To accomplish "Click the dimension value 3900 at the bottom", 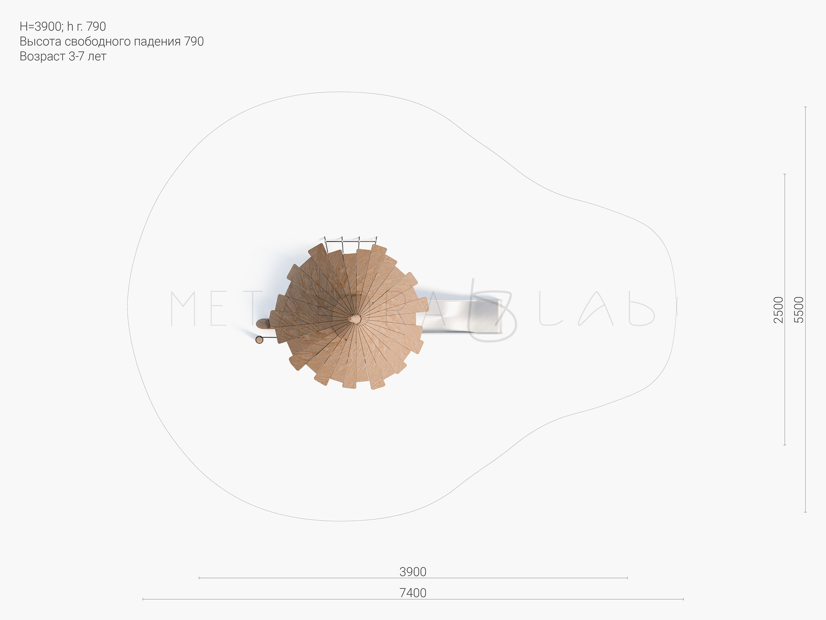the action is pos(413,572).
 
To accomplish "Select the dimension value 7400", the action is pos(413,593).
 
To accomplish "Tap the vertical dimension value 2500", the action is pos(779,310).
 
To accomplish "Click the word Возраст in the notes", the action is pos(43,57).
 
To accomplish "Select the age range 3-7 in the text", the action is pos(76,56).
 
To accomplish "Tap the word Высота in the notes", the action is pos(40,41).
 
